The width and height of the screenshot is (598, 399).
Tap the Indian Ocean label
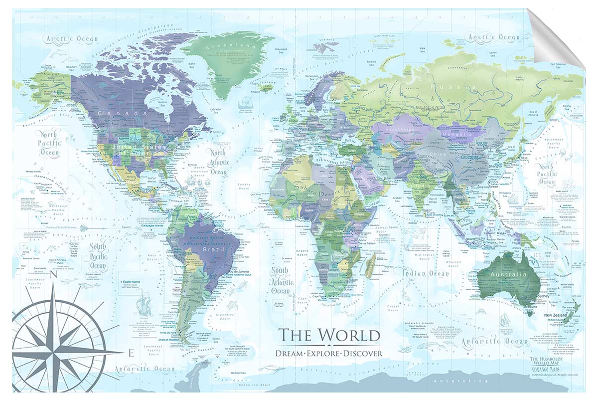coord(422,273)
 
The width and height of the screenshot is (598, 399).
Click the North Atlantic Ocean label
coord(218,162)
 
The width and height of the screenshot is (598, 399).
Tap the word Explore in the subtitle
coord(329,353)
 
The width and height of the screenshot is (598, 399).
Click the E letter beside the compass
coord(131,354)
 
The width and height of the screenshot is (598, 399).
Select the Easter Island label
coord(133,282)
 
